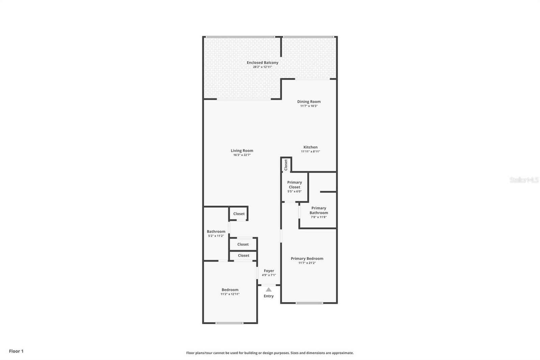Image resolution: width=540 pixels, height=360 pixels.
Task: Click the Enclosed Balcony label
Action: pos(262,62)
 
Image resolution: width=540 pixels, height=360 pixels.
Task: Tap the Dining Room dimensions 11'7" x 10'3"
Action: pos(309,106)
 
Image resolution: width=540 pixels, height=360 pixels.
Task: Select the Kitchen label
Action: pos(310,147)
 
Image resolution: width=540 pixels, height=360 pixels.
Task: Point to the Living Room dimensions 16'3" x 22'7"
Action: pos(242,155)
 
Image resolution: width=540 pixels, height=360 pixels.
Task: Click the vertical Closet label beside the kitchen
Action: pos(286,165)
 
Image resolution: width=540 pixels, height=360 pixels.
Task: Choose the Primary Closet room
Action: pos(294,187)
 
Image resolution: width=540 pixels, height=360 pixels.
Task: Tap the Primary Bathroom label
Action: pos(319,210)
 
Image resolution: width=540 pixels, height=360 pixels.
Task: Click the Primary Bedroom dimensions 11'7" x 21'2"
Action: pos(307,263)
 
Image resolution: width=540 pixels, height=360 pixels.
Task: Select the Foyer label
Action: pos(269,271)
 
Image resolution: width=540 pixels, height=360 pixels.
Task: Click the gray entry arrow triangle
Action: pos(268,289)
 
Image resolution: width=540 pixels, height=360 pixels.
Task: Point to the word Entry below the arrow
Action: pos(269,296)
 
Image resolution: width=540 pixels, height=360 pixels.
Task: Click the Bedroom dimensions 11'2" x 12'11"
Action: pos(230,294)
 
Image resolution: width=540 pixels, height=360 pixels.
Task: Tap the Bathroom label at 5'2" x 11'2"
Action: pos(216,231)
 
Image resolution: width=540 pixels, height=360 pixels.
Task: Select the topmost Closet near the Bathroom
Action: pos(239,214)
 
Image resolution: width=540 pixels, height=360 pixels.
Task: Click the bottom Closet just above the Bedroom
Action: pos(243,256)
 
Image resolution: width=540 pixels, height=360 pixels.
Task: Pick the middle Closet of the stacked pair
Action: pos(243,244)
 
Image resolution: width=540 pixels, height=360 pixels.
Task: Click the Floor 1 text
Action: pos(16,351)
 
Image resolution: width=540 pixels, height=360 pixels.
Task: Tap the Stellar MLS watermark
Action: pos(524,180)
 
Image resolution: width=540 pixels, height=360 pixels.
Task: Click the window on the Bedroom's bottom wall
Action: pos(229,323)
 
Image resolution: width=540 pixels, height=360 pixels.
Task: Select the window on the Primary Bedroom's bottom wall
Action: pos(309,303)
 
